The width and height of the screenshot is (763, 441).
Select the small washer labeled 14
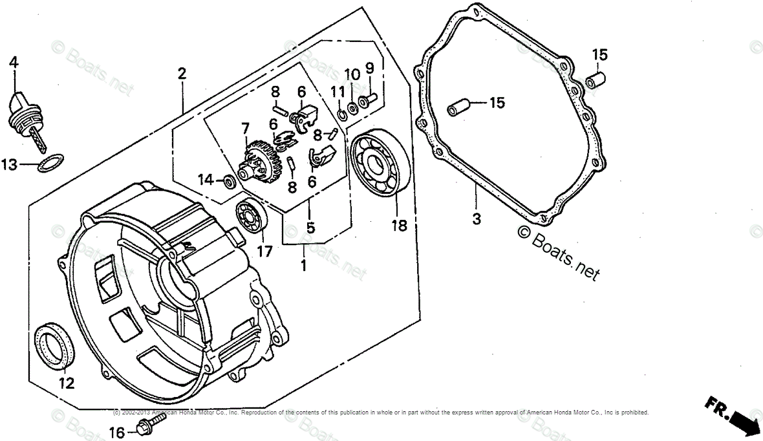click(230, 182)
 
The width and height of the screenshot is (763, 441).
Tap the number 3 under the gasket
click(477, 219)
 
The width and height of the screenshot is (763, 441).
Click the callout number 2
click(182, 73)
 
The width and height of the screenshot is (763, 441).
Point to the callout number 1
click(303, 264)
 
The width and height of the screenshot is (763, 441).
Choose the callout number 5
click(310, 228)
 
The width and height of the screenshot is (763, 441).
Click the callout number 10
click(351, 74)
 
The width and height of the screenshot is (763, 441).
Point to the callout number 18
click(399, 225)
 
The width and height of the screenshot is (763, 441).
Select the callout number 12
click(66, 383)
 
